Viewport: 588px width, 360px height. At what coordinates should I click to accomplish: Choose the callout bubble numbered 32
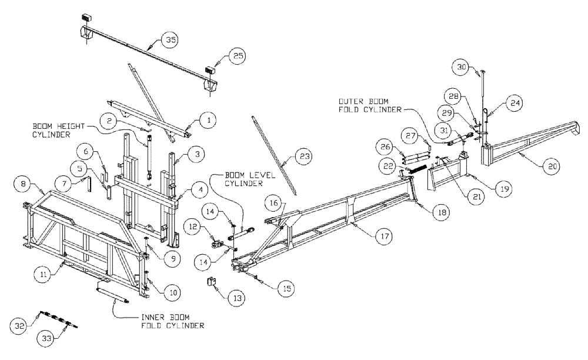coord(19,324)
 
